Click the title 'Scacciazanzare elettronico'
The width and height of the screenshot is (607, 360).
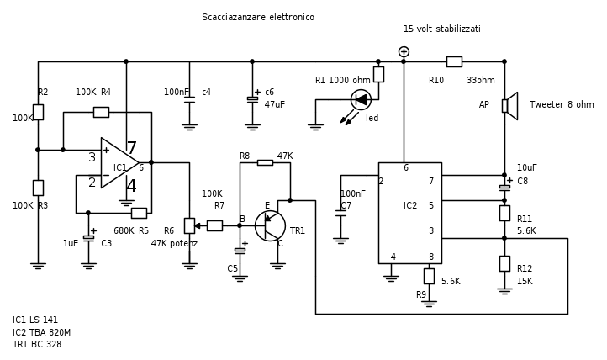258,17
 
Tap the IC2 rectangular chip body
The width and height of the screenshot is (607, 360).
409,212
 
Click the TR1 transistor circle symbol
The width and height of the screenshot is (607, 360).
270,225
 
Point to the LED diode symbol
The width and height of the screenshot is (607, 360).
361,99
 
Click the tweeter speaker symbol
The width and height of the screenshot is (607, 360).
509,106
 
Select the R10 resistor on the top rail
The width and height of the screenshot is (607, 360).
454,61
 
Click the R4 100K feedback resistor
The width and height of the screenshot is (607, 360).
101,112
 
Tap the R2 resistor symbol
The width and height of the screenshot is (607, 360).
38,112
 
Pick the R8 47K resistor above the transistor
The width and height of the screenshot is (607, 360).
265,162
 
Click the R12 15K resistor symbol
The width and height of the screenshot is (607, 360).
504,263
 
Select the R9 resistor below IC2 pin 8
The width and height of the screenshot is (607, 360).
429,276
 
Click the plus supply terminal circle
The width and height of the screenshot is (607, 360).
404,51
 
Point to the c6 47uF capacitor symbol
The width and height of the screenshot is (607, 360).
252,99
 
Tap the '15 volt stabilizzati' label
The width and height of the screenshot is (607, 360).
441,29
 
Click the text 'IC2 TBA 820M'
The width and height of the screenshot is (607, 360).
41,332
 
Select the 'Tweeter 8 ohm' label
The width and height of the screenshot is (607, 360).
561,105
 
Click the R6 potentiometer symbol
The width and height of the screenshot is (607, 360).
189,225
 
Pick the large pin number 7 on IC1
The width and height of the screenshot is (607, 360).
131,149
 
